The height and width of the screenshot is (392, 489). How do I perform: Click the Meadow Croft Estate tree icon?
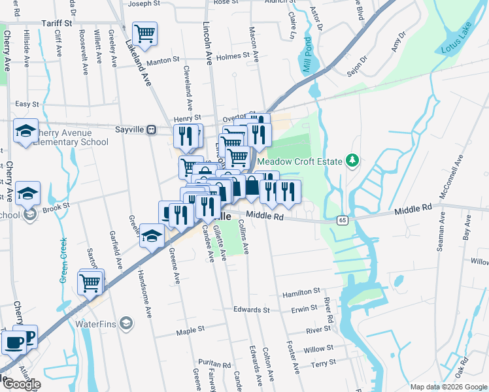click(352, 160)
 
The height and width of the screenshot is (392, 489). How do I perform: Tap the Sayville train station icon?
click(151, 129)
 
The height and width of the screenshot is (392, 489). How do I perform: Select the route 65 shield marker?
click(343, 221)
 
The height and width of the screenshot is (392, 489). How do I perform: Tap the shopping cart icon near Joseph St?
click(144, 33)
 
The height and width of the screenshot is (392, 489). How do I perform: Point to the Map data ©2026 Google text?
click(448, 387)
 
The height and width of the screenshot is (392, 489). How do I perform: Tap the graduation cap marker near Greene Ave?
click(152, 235)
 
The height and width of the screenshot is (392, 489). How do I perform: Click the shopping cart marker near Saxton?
click(91, 282)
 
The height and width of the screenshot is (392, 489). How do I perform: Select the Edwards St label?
click(252, 310)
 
